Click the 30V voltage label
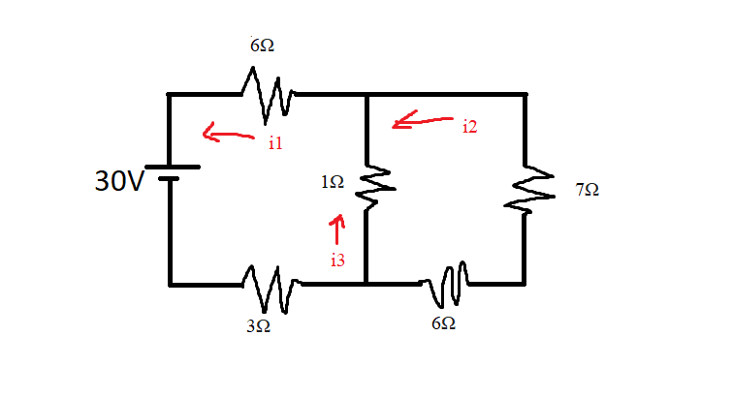[x=117, y=180]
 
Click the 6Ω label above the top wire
[x=263, y=46]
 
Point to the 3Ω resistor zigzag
[x=269, y=287]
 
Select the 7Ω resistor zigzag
[x=527, y=192]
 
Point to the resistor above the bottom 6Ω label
[x=446, y=282]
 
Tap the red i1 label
[x=274, y=143]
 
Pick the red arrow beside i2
[x=420, y=121]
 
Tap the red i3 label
[x=337, y=260]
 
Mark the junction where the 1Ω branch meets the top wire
[x=366, y=94]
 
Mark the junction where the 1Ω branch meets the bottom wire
[x=366, y=284]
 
